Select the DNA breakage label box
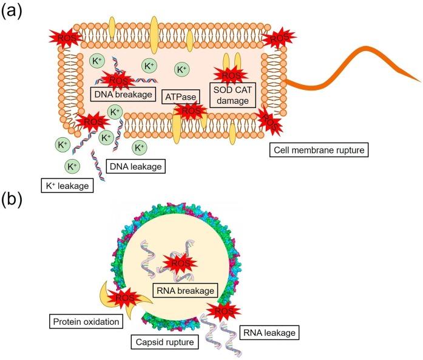(120, 93)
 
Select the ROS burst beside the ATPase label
(191, 110)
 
